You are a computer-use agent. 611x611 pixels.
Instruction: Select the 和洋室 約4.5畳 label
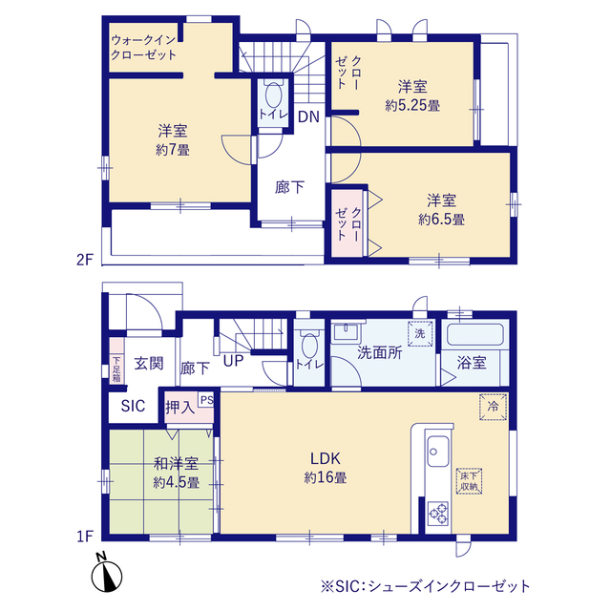176,474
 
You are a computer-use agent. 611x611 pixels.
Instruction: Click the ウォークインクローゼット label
144,48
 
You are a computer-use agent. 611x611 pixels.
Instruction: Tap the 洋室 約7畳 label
172,140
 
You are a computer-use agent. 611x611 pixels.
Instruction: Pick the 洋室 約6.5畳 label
441,209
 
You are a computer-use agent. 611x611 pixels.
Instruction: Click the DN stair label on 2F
307,117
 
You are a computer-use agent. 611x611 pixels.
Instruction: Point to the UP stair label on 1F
232,362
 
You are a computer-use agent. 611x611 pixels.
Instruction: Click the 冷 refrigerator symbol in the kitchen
493,405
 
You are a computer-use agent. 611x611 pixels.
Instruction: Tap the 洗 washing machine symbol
420,335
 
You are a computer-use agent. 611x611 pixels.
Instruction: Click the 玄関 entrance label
147,363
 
